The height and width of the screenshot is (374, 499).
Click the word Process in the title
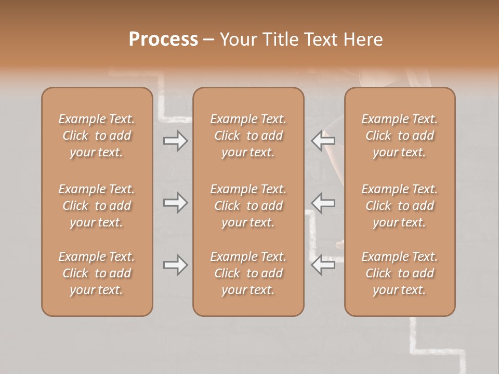163,39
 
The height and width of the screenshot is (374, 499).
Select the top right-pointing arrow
175,141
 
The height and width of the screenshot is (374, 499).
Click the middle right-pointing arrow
175,203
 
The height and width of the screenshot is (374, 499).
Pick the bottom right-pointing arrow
175,265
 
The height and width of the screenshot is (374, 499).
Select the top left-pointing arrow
323,140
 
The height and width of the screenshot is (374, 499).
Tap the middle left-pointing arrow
323,203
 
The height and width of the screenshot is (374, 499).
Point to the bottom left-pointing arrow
323,265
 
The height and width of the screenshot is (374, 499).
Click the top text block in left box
97,136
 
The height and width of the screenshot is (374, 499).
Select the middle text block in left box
97,206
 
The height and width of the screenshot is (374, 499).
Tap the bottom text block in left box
97,273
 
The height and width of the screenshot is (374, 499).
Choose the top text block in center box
248,136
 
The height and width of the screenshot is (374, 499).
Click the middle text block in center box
248,206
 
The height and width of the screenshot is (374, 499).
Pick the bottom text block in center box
248,273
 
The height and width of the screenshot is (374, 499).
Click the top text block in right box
400,136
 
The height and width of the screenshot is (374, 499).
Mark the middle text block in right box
400,206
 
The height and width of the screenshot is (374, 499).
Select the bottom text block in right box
400,273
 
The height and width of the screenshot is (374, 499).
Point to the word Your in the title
237,39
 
